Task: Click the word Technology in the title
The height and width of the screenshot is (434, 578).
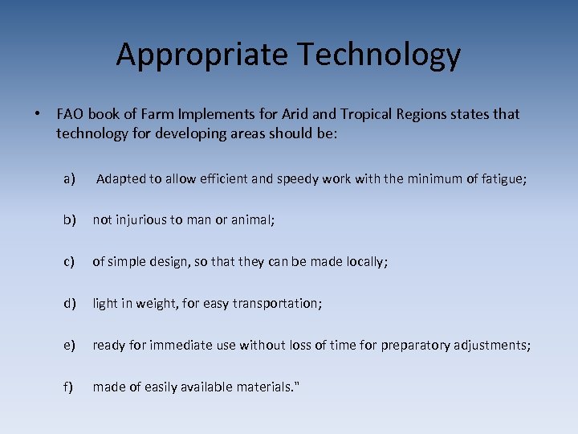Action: [380, 55]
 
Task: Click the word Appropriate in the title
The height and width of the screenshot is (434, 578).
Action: [203, 55]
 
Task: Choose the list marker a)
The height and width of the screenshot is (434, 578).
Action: [70, 178]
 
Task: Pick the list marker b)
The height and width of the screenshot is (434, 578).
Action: [70, 219]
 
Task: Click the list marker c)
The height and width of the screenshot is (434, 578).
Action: [70, 261]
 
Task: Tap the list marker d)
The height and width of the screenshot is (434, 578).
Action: [70, 303]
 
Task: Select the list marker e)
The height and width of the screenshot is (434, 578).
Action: [70, 345]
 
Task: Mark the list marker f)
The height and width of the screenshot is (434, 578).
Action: [69, 387]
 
